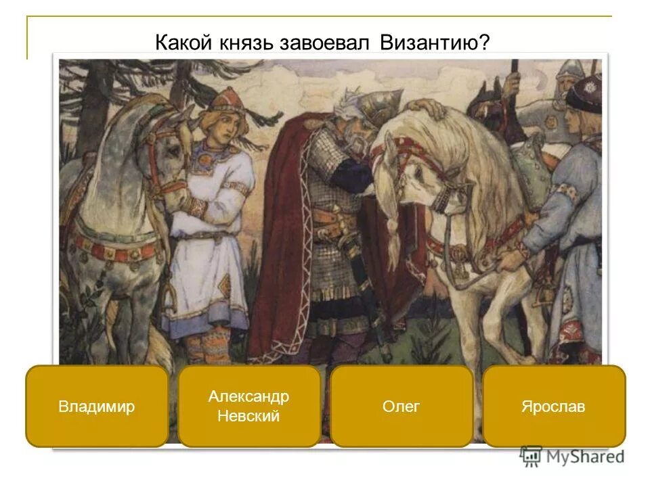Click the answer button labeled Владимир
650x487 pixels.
point(97,407)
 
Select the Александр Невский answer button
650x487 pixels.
point(248,407)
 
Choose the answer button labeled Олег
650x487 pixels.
point(402,407)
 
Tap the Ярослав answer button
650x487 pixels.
point(553,407)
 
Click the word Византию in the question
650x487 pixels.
point(433,42)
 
